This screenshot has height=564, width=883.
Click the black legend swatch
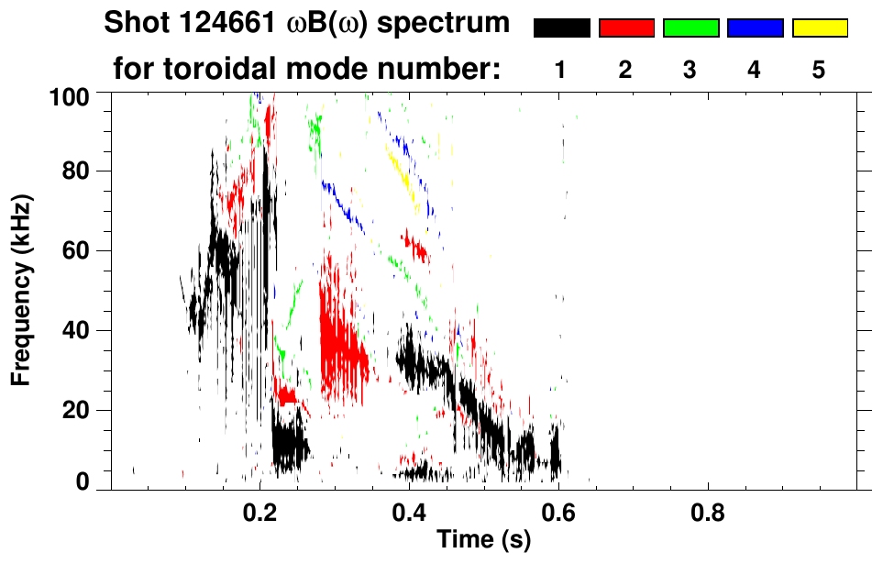coord(561,28)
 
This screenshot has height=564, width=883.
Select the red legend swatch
coord(626,28)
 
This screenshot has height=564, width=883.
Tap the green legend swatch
coord(690,28)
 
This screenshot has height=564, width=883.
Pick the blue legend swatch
coord(755,28)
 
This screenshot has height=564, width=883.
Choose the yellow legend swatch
coord(820,28)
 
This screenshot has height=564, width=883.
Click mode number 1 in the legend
coord(561,70)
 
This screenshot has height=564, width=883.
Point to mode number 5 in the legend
coord(819,70)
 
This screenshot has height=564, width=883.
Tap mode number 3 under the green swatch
coord(690,70)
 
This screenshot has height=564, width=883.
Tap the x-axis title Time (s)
coord(483,540)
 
